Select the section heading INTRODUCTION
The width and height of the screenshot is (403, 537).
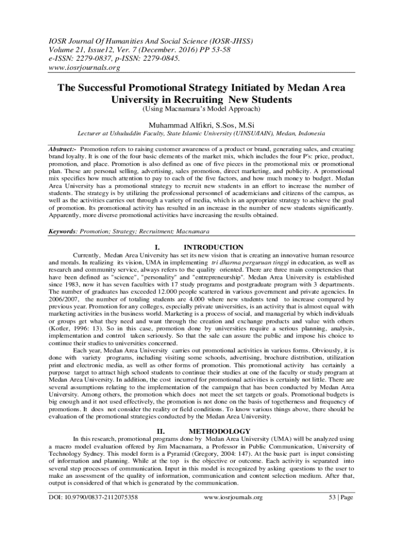coord(214,247)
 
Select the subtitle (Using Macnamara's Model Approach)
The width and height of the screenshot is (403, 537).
coord(201,109)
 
